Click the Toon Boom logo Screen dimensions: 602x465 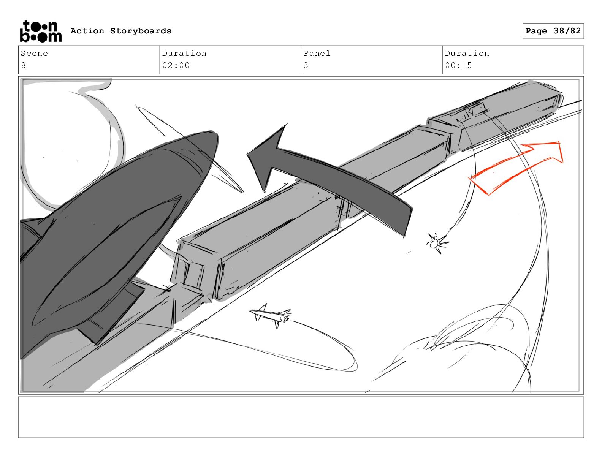pyautogui.click(x=41, y=31)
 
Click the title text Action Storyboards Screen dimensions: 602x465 pyautogui.click(x=121, y=31)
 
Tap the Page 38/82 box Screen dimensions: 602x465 pyautogui.click(x=553, y=31)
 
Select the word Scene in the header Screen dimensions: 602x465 pyautogui.click(x=34, y=53)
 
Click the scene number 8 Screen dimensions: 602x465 pyautogui.click(x=24, y=65)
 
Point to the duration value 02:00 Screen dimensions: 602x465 pyautogui.click(x=176, y=65)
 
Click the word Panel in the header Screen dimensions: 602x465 pyautogui.click(x=317, y=53)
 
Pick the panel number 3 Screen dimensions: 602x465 pyautogui.click(x=306, y=65)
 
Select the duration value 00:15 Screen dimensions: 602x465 pyautogui.click(x=458, y=65)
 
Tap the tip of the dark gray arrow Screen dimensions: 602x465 pyautogui.click(x=247, y=152)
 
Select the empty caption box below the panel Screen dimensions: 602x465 pyautogui.click(x=301, y=417)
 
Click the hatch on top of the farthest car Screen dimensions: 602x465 pyautogui.click(x=471, y=112)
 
